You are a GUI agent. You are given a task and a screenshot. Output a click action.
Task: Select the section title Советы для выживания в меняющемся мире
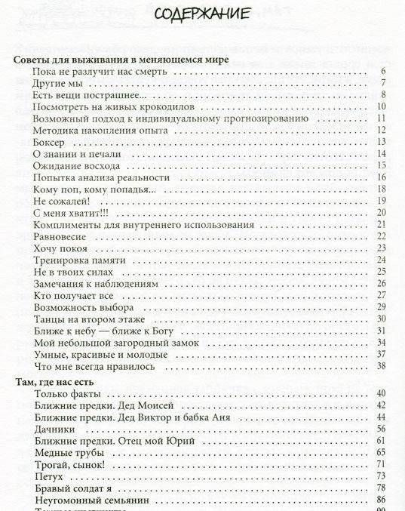point(122,59)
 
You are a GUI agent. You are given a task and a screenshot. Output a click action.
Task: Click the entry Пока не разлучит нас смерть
point(100,72)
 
